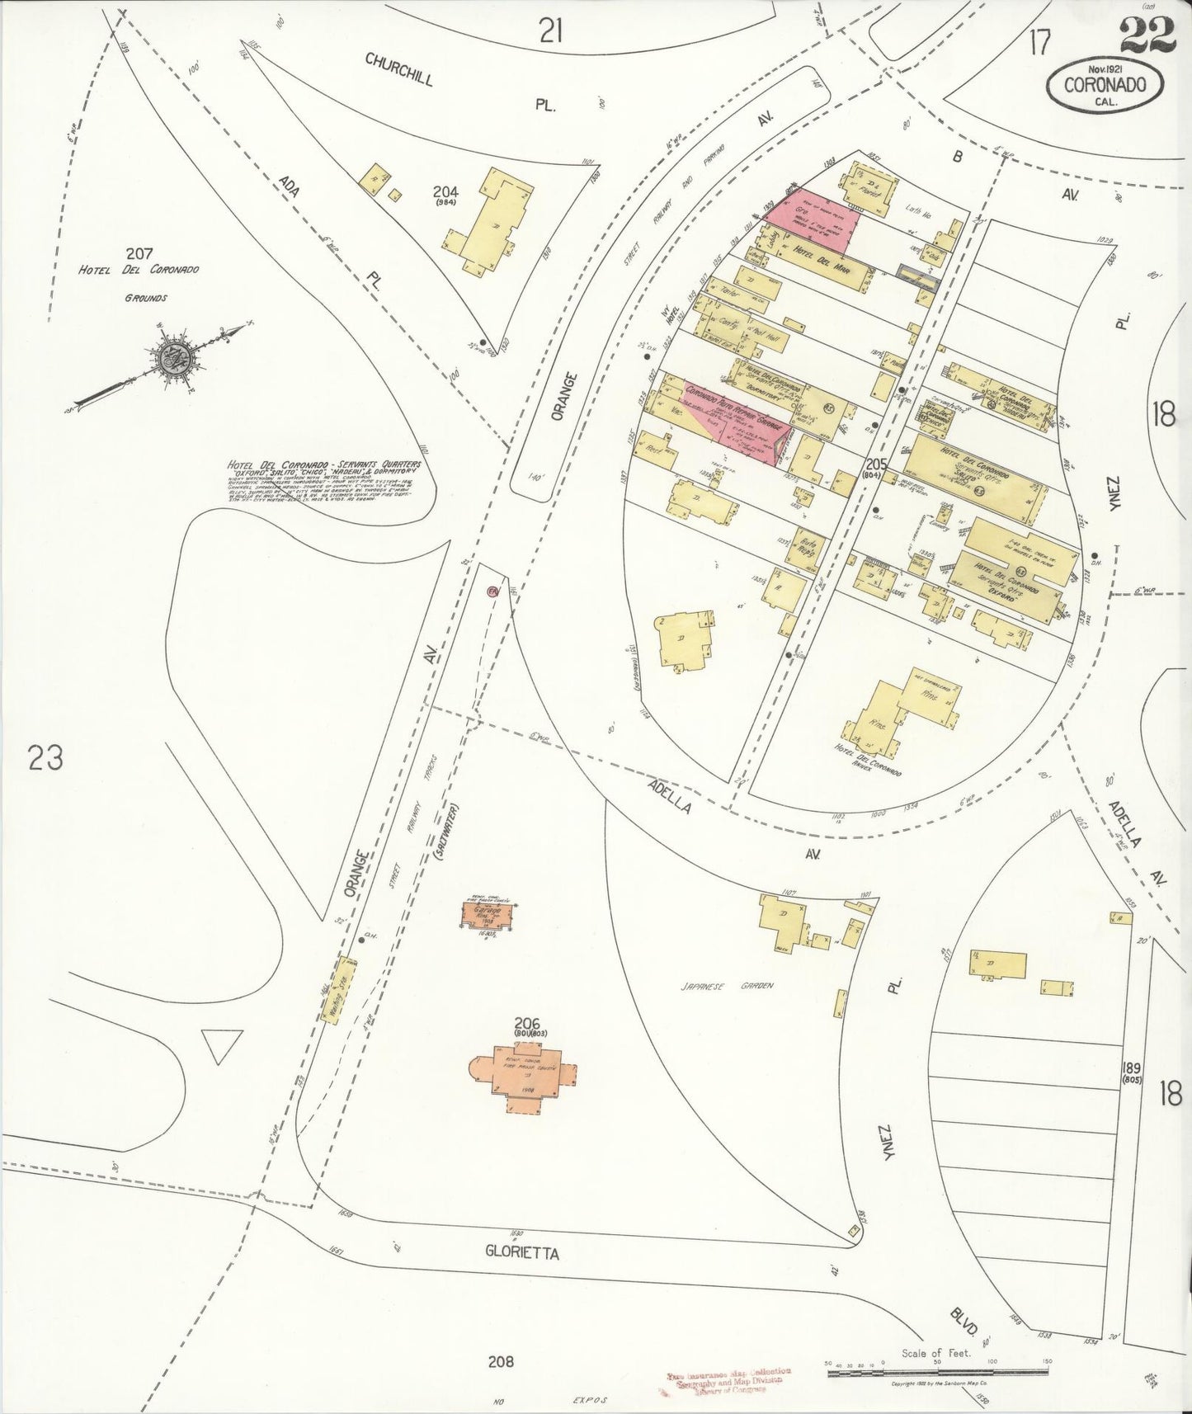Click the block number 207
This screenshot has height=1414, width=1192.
point(139,253)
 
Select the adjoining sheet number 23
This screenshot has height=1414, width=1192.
point(45,756)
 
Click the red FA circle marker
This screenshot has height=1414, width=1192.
point(493,592)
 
